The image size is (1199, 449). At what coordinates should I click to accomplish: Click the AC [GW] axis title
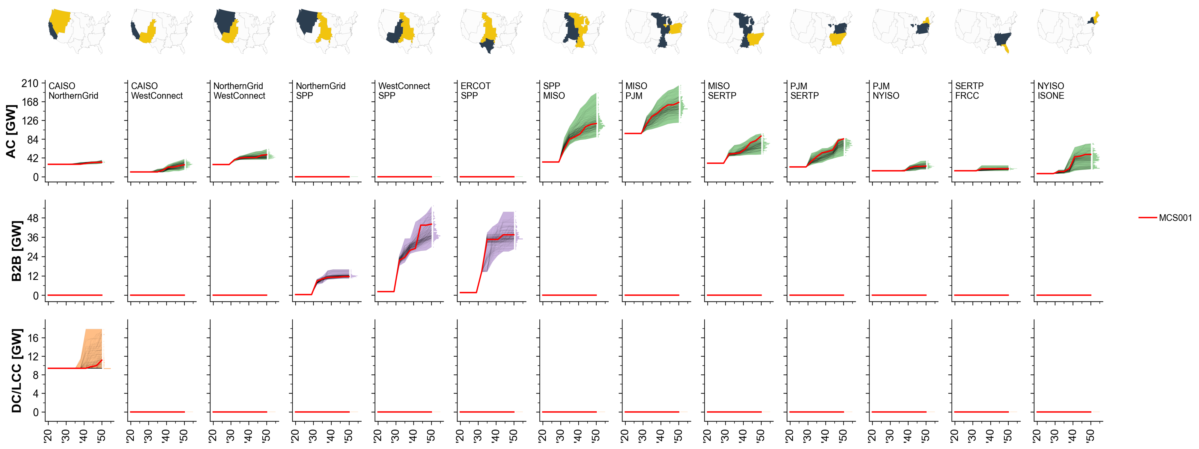point(11,132)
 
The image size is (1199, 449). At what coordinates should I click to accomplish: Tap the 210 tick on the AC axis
point(30,83)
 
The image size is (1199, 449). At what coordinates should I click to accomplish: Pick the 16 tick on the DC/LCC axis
point(33,338)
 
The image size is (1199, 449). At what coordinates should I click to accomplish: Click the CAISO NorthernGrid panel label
point(73,91)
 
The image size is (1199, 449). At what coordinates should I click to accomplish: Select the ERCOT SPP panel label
point(475,91)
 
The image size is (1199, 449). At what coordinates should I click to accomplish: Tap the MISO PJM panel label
point(636,91)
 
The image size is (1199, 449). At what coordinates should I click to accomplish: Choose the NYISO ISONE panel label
point(1051,91)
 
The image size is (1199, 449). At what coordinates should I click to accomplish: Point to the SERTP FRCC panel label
point(969,91)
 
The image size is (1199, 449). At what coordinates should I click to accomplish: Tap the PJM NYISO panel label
point(886,91)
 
